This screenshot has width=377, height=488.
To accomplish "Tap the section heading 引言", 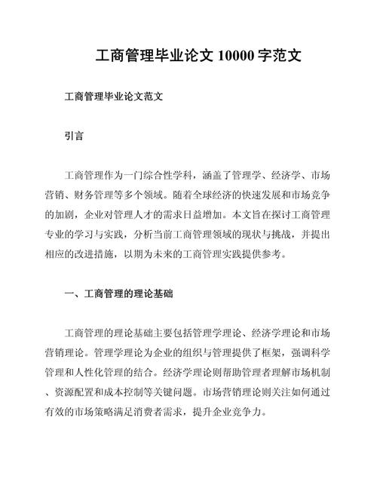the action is [73, 138].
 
